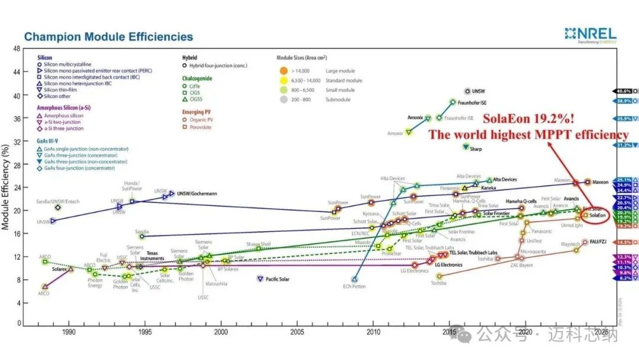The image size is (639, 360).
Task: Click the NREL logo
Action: click(590, 34)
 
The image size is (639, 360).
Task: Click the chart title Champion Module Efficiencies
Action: click(108, 37)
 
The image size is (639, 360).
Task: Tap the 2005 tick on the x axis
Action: click(298, 333)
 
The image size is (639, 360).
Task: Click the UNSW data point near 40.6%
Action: click(468, 92)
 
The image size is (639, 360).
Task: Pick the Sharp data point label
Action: click(476, 149)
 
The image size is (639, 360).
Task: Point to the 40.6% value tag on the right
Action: click(624, 91)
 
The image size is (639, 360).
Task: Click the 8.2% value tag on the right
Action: click(624, 277)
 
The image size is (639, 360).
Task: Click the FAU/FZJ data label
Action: click(599, 242)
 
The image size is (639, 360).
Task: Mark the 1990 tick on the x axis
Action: click(69, 333)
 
